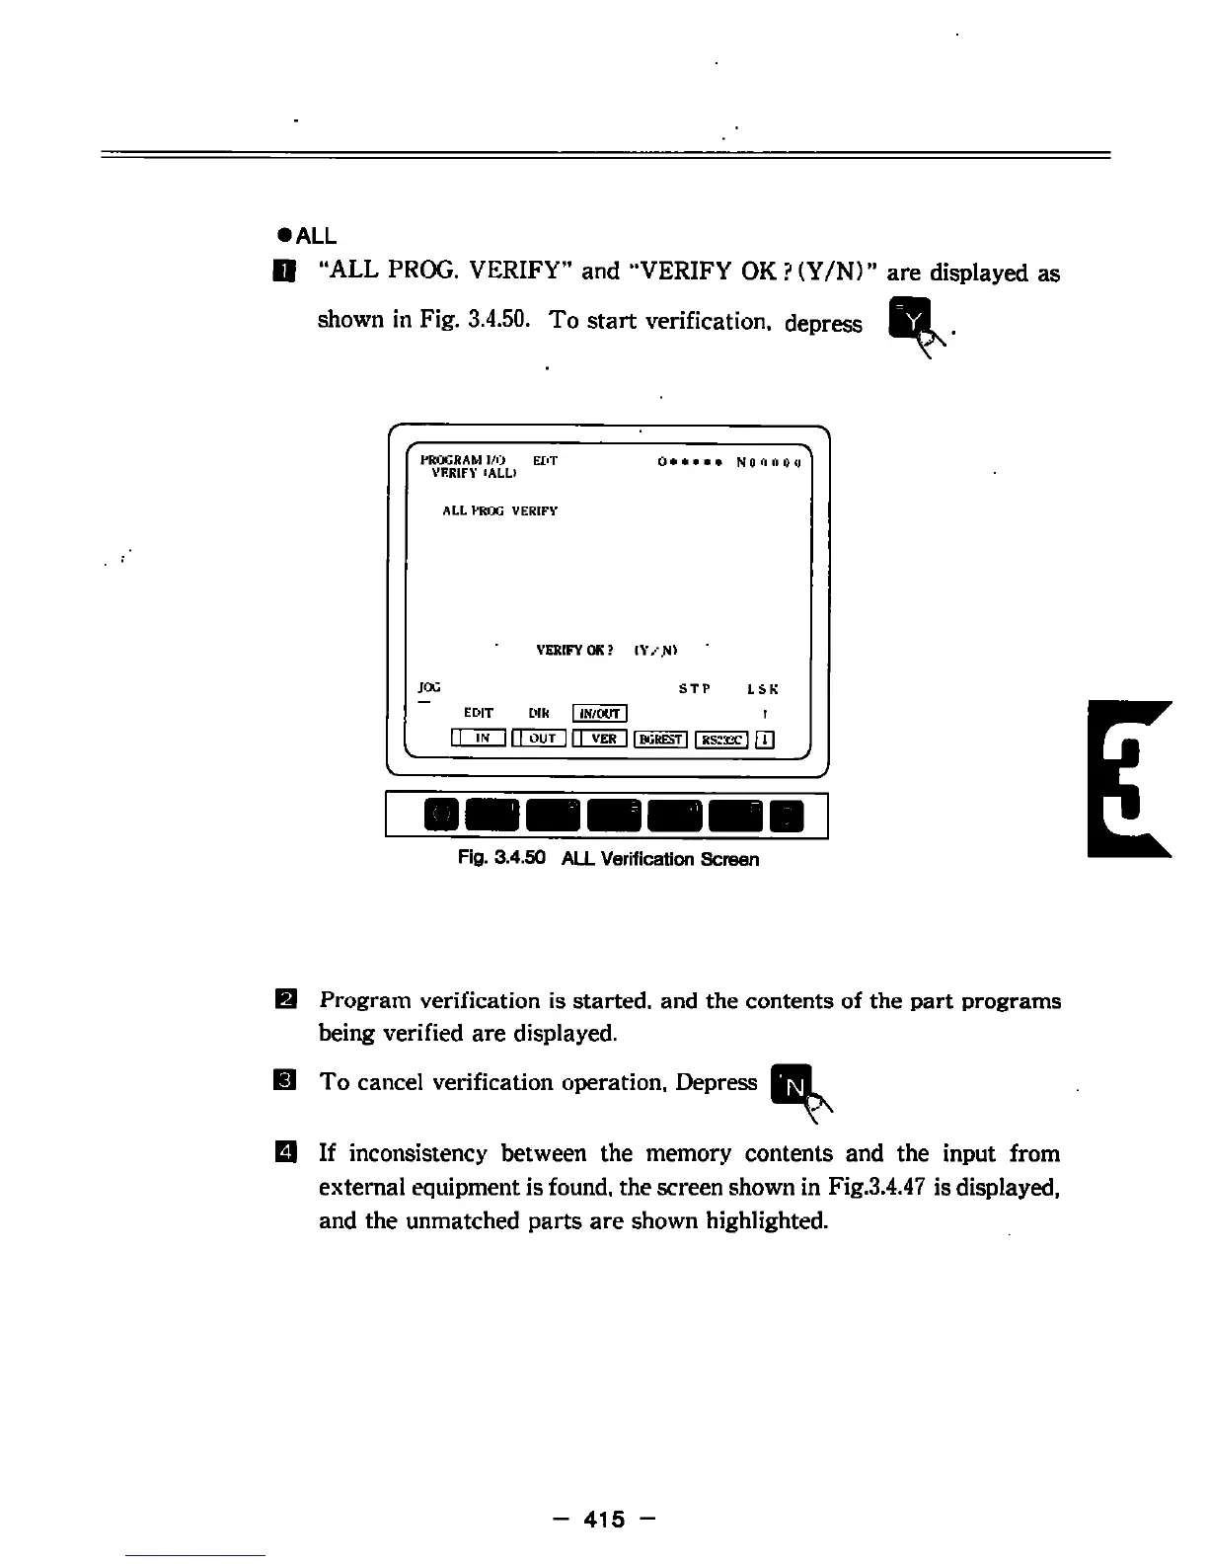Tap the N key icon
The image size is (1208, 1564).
point(793,1085)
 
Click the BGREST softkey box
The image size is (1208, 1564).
point(661,739)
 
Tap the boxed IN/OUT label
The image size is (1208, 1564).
point(600,714)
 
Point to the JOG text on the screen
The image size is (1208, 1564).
point(429,686)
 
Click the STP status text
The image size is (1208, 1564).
point(695,689)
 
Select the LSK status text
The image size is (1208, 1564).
point(763,689)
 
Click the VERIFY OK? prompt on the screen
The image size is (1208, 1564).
point(574,651)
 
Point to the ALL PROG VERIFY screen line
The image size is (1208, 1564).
point(500,510)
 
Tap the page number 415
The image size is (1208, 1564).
point(604,1520)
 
